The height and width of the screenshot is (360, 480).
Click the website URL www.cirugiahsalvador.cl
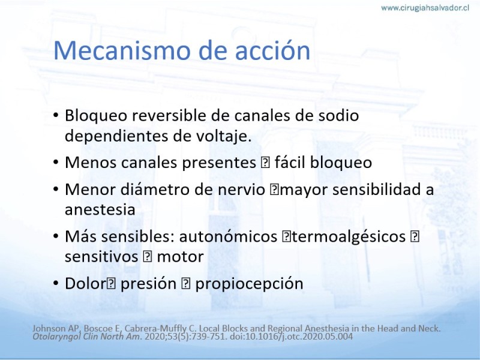(425, 8)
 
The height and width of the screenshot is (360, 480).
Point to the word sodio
(338, 116)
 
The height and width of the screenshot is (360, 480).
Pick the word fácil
(290, 162)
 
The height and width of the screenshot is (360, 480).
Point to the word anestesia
(100, 210)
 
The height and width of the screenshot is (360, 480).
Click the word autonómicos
(228, 236)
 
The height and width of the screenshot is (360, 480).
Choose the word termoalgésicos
(348, 237)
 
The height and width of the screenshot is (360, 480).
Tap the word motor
(181, 257)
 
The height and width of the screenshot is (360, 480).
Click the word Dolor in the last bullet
(85, 283)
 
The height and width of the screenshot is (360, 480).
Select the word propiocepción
(249, 284)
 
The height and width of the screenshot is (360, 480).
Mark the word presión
(148, 284)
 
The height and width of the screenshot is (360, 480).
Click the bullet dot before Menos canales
(56, 162)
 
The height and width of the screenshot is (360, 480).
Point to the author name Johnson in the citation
(49, 328)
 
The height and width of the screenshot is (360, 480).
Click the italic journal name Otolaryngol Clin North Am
(87, 337)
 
